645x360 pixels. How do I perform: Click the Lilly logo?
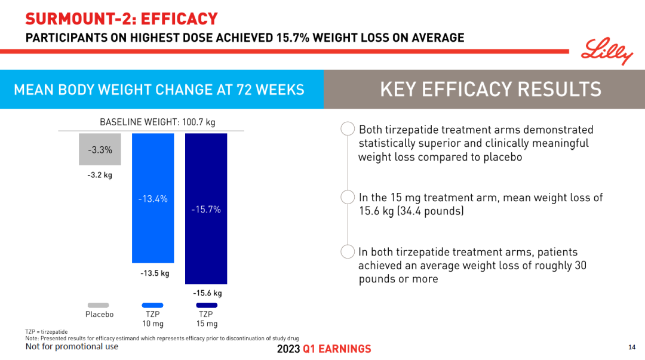(606, 51)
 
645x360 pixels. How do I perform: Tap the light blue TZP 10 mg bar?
(153, 227)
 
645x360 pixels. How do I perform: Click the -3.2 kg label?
(100, 176)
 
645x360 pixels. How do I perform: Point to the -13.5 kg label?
(155, 273)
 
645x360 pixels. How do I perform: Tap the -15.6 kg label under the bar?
(207, 293)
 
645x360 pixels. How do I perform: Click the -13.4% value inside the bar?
(153, 199)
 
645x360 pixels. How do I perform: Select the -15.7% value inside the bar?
(206, 210)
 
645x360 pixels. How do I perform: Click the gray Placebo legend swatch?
(99, 305)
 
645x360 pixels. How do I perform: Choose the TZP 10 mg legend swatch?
(153, 305)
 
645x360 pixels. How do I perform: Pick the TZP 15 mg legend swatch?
(207, 305)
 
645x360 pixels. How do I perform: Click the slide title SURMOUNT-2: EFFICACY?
(121, 19)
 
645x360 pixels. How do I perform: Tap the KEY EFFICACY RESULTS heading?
(490, 89)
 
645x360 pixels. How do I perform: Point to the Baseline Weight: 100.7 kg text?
(157, 122)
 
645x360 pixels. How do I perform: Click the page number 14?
(632, 347)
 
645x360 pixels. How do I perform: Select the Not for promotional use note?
(72, 347)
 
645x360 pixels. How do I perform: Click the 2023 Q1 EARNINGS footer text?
(324, 349)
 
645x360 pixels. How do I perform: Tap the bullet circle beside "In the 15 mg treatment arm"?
(347, 198)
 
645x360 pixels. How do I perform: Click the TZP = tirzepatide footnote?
(47, 331)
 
